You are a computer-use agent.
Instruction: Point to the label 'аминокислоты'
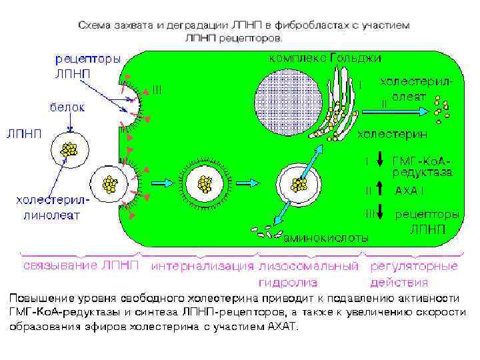326,237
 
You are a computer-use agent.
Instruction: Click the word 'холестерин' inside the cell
393,135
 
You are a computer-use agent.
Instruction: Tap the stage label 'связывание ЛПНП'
82,267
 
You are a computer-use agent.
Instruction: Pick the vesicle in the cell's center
203,183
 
